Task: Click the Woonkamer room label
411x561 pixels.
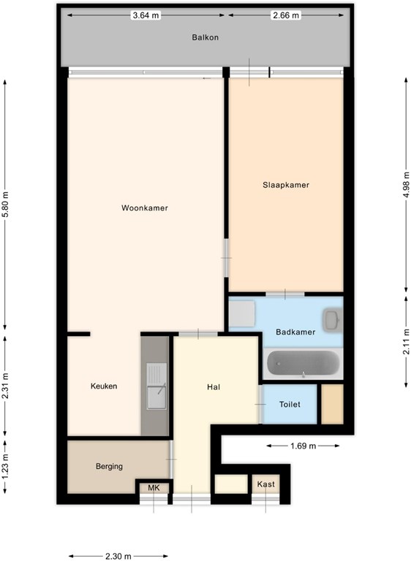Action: pos(145,208)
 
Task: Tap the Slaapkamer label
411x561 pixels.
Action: pos(286,185)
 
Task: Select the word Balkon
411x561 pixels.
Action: pos(205,37)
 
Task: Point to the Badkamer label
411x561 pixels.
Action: pos(295,332)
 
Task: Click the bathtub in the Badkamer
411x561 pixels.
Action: pos(303,363)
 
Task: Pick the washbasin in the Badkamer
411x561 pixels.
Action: pos(332,319)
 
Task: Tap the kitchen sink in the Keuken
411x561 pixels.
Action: pos(157,386)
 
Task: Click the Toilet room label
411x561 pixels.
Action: pos(290,404)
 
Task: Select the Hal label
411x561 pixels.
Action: pos(214,387)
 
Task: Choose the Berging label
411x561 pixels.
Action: pos(109,466)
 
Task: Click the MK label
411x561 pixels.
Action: pos(154,488)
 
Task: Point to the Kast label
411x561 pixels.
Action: pos(266,484)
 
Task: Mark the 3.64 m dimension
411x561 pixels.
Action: pos(146,15)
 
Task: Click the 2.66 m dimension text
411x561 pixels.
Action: pos(286,15)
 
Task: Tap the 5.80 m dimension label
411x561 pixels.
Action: pos(5,205)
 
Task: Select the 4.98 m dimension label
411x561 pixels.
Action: pos(406,184)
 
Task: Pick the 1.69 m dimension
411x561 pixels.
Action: pos(303,446)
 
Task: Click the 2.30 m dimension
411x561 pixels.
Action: pos(118,556)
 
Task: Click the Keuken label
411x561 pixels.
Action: pos(104,386)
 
